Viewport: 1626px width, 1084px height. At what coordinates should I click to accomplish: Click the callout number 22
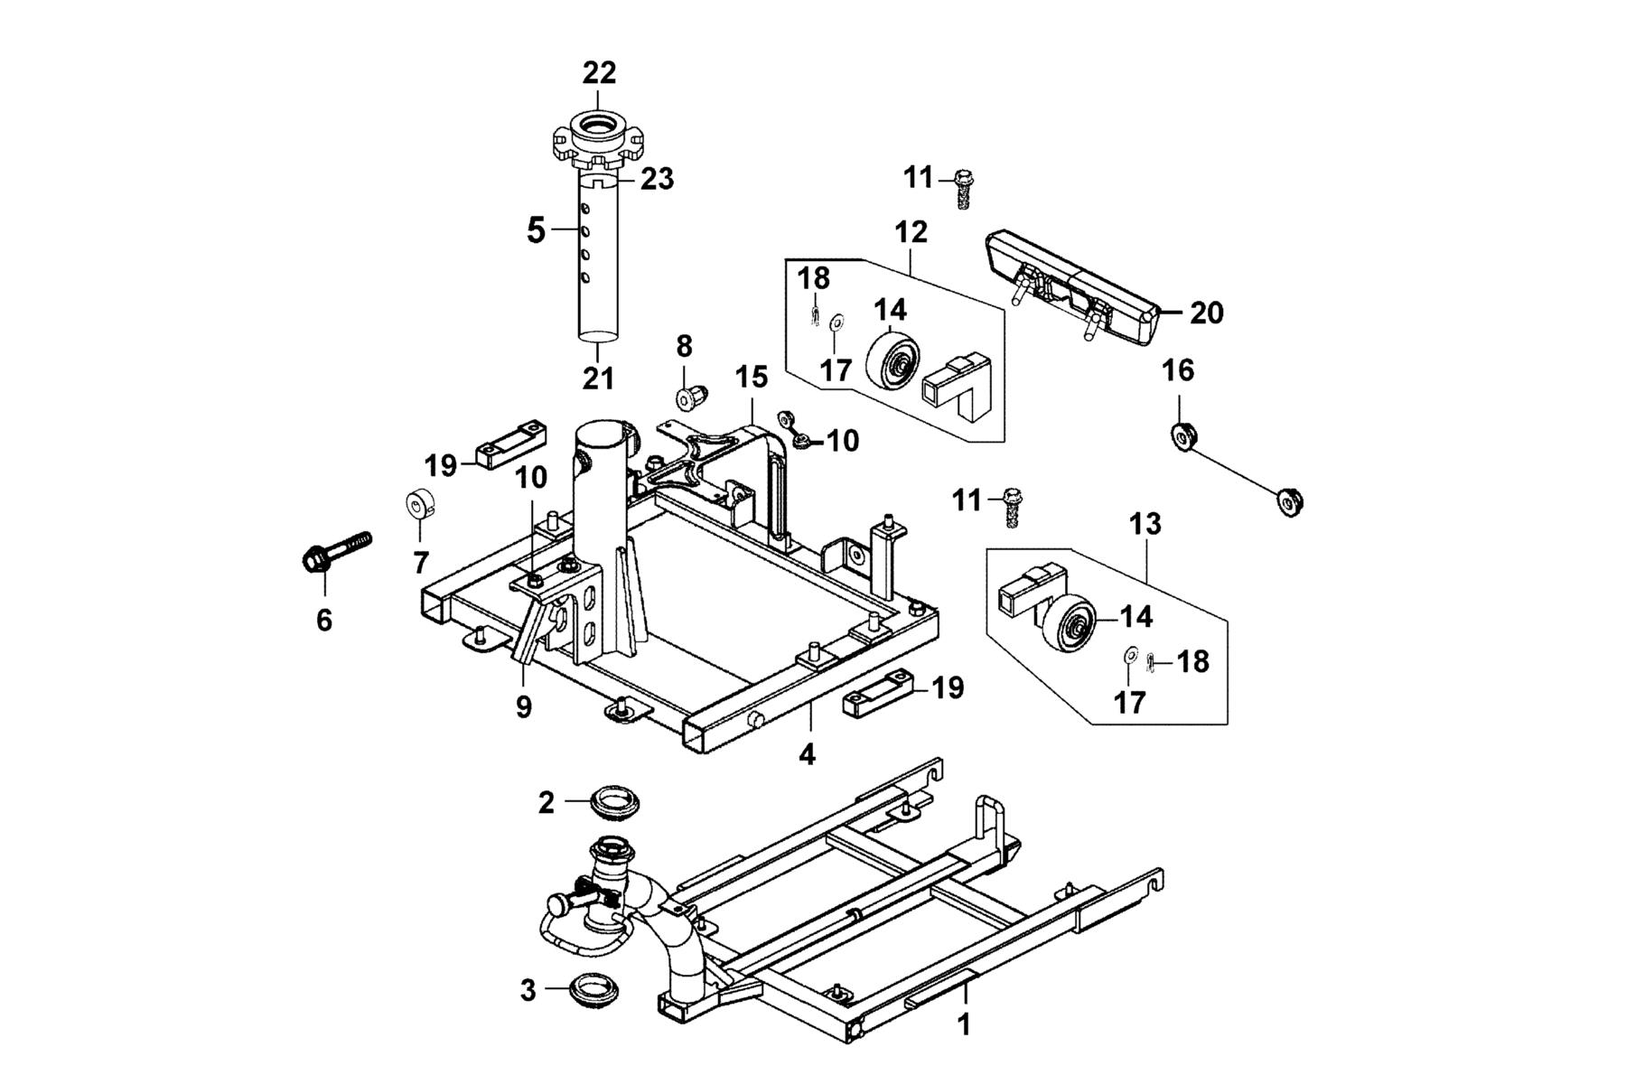click(599, 73)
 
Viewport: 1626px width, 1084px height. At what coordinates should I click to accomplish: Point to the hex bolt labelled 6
click(335, 552)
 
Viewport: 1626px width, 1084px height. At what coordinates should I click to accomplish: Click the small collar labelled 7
click(419, 503)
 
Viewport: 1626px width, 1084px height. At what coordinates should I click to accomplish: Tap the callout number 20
click(1207, 313)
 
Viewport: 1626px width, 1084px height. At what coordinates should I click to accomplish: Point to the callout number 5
click(536, 230)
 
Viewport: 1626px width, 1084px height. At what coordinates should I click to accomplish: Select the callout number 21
click(597, 378)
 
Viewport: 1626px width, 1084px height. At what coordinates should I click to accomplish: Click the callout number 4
click(808, 754)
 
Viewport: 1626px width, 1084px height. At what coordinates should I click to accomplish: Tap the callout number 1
click(964, 1025)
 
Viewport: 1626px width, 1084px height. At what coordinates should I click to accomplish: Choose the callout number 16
click(1178, 370)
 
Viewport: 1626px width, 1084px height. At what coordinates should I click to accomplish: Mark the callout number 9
click(524, 706)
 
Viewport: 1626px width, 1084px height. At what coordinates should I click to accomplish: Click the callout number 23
click(658, 179)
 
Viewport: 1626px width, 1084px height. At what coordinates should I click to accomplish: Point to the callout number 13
click(1145, 524)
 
